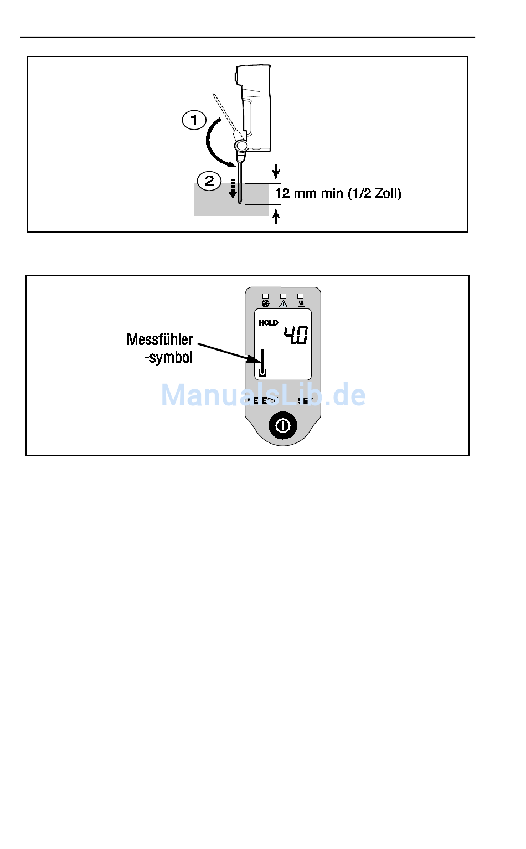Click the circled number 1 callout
point(194,120)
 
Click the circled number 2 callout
point(209,181)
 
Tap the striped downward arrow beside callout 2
point(233,188)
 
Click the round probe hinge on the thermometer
point(241,146)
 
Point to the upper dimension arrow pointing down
point(276,172)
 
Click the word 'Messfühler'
point(160,339)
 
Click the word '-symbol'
point(168,357)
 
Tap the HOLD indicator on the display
point(269,322)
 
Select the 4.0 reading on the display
point(296,335)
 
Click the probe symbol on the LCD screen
point(262,363)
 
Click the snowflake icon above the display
point(265,303)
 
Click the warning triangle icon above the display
point(283,303)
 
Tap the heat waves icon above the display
point(301,303)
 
